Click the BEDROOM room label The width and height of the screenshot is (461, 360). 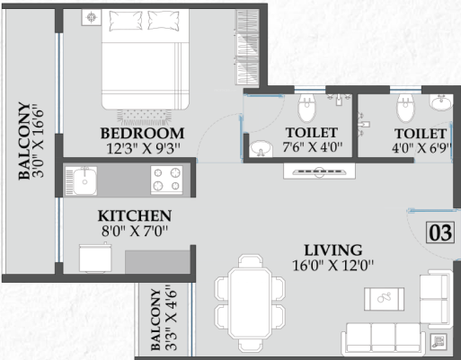point(137,134)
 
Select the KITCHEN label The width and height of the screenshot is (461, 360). point(135,216)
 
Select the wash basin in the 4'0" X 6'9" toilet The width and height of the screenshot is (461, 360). point(439,105)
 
